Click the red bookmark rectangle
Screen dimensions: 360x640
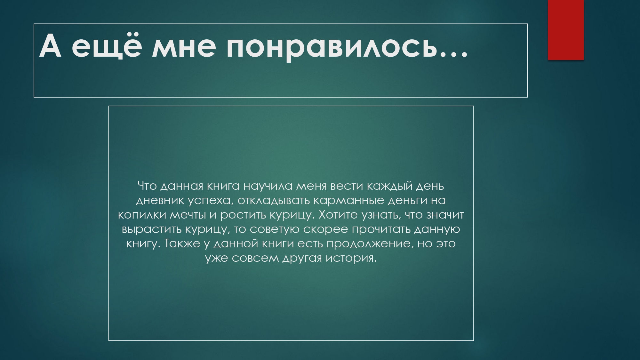[566, 29]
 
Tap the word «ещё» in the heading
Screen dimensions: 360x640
[106, 46]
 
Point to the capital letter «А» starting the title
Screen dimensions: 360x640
[50, 46]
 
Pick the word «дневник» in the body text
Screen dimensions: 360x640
[160, 201]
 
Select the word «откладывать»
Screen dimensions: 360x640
[274, 201]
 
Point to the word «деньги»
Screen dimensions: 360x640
[407, 201]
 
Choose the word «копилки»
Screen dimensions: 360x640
[142, 215]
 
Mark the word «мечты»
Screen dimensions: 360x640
[188, 215]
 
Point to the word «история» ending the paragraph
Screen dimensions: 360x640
[351, 258]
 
